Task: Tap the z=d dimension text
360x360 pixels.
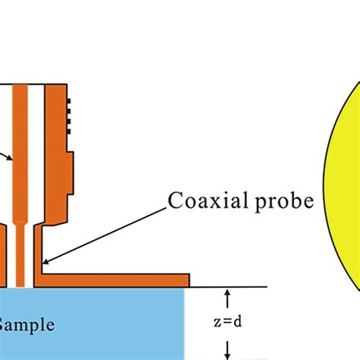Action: point(227,321)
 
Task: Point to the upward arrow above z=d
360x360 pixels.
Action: point(227,296)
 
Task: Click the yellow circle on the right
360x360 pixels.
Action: point(343,190)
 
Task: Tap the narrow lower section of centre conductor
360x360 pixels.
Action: point(21,258)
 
